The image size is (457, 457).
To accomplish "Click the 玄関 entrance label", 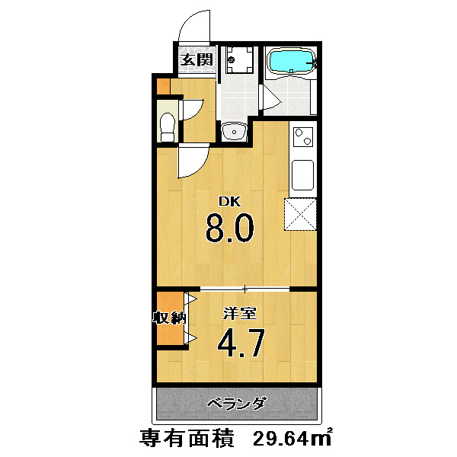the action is pyautogui.click(x=197, y=60).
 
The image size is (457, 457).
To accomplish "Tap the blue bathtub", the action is pyautogui.click(x=292, y=61).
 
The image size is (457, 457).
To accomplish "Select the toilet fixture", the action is pyautogui.click(x=168, y=127).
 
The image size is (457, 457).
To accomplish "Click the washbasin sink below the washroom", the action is pyautogui.click(x=234, y=132).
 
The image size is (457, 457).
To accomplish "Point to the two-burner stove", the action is pyautogui.click(x=303, y=137).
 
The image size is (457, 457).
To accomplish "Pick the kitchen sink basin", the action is pyautogui.click(x=303, y=175).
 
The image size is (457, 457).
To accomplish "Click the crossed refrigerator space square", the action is pyautogui.click(x=300, y=214).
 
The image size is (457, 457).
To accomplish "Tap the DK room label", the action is pyautogui.click(x=230, y=202).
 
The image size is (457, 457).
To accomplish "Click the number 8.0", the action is pyautogui.click(x=230, y=228).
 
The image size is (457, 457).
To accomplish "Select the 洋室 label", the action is pyautogui.click(x=240, y=314).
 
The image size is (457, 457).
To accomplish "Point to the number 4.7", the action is pyautogui.click(x=241, y=343).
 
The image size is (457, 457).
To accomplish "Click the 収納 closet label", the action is pyautogui.click(x=170, y=318).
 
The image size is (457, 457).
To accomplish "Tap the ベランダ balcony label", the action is pyautogui.click(x=237, y=404).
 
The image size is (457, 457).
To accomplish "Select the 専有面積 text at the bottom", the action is pyautogui.click(x=187, y=438).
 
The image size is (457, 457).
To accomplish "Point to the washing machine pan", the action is pyautogui.click(x=241, y=59).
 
